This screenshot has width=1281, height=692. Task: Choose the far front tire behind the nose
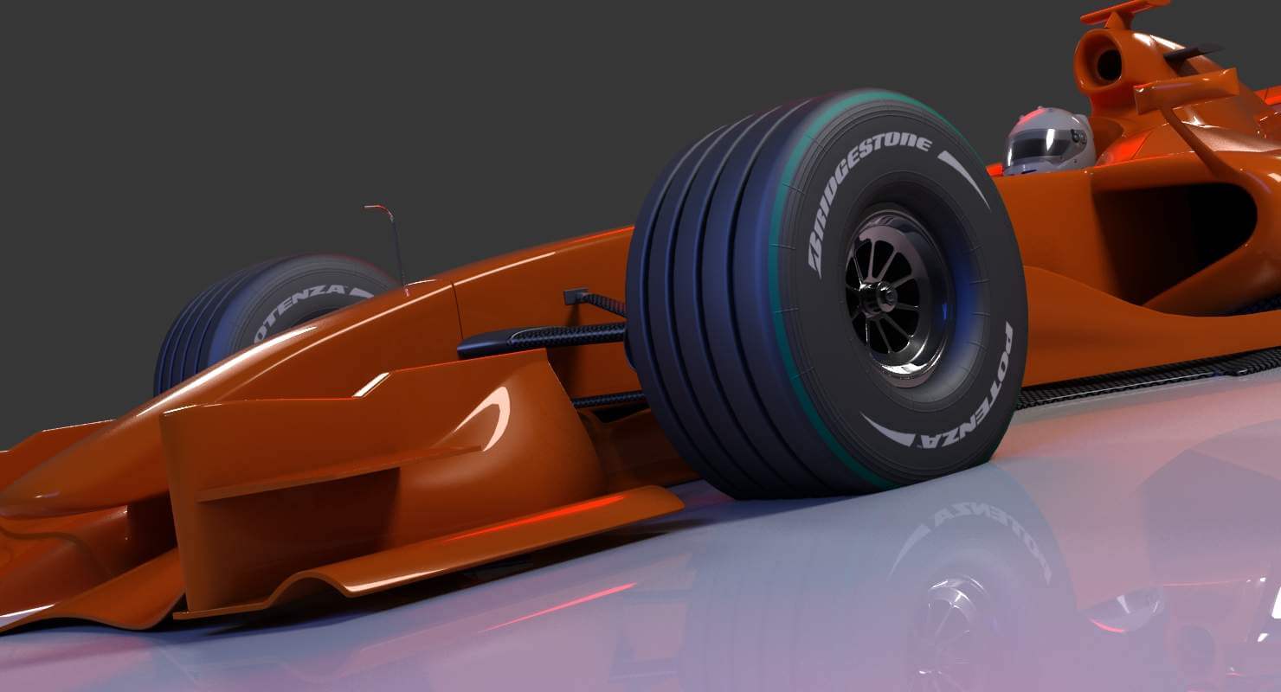pos(260,311)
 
